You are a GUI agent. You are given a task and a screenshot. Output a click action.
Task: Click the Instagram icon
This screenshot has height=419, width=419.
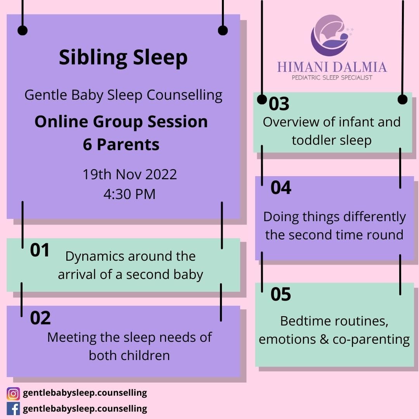(13, 394)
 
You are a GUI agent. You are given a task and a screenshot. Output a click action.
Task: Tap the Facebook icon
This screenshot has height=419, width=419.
(13, 409)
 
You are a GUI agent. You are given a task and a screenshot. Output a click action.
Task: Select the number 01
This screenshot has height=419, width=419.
(40, 250)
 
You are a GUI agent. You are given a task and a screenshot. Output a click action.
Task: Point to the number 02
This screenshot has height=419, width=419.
(40, 318)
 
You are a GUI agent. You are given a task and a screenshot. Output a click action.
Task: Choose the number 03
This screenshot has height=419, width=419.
(279, 104)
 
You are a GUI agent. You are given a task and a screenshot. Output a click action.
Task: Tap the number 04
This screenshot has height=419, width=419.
(281, 188)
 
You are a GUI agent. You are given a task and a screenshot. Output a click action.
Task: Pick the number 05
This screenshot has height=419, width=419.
(280, 294)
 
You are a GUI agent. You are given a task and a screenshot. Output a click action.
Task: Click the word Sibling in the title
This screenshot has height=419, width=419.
(93, 58)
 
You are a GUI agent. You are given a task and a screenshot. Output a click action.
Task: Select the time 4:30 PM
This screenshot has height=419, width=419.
(130, 194)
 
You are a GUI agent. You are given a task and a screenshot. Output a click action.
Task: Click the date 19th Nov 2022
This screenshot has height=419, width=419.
(130, 174)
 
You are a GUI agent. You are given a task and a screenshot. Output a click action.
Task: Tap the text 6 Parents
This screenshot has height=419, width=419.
(121, 145)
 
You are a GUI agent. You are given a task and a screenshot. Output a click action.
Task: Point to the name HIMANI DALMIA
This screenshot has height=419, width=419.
(332, 67)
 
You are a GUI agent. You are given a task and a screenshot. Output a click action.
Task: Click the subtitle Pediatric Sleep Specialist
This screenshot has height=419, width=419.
(332, 78)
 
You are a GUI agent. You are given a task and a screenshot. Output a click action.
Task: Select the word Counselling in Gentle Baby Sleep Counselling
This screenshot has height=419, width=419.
(185, 95)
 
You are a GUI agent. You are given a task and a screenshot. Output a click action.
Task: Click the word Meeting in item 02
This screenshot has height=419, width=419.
(72, 338)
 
